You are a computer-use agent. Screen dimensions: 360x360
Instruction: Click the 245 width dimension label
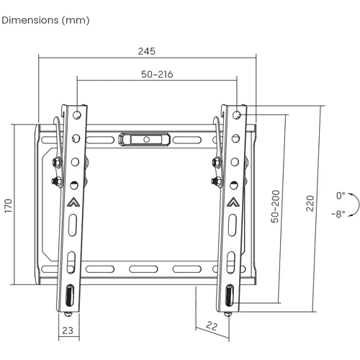coord(147,51)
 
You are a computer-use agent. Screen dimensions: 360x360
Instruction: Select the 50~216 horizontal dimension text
coord(157,74)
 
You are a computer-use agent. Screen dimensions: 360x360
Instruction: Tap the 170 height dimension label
coord(8,205)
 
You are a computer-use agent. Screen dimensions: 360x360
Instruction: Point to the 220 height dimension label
coord(310,203)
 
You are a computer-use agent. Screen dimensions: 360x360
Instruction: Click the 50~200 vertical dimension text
coord(275,207)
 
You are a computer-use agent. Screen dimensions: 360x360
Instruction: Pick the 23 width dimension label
coord(68,330)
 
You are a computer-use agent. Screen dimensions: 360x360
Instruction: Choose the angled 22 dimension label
coord(212,326)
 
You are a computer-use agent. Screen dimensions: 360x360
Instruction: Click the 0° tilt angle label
coord(341,196)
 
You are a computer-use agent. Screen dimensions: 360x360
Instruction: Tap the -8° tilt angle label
coord(338,213)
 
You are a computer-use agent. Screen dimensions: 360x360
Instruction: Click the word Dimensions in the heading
coord(30,20)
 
